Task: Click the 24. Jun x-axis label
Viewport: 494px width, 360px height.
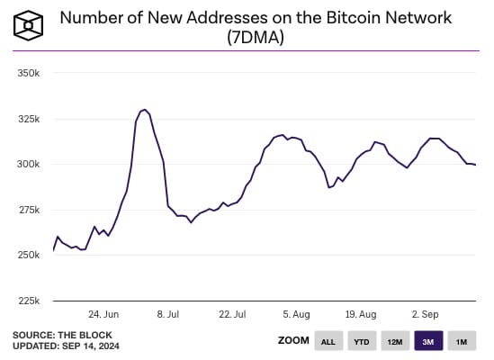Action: click(104, 314)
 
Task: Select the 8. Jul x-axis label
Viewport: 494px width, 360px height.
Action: click(169, 314)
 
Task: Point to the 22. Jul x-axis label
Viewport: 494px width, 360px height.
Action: click(232, 314)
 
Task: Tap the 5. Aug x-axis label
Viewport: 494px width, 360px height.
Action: click(296, 314)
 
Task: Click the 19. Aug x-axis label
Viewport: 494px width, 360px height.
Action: click(360, 314)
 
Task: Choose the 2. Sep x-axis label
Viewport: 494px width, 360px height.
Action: click(424, 314)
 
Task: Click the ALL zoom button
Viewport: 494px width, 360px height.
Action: click(328, 341)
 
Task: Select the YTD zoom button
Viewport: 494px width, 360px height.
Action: click(361, 341)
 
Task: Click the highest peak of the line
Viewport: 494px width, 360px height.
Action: click(144, 109)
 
